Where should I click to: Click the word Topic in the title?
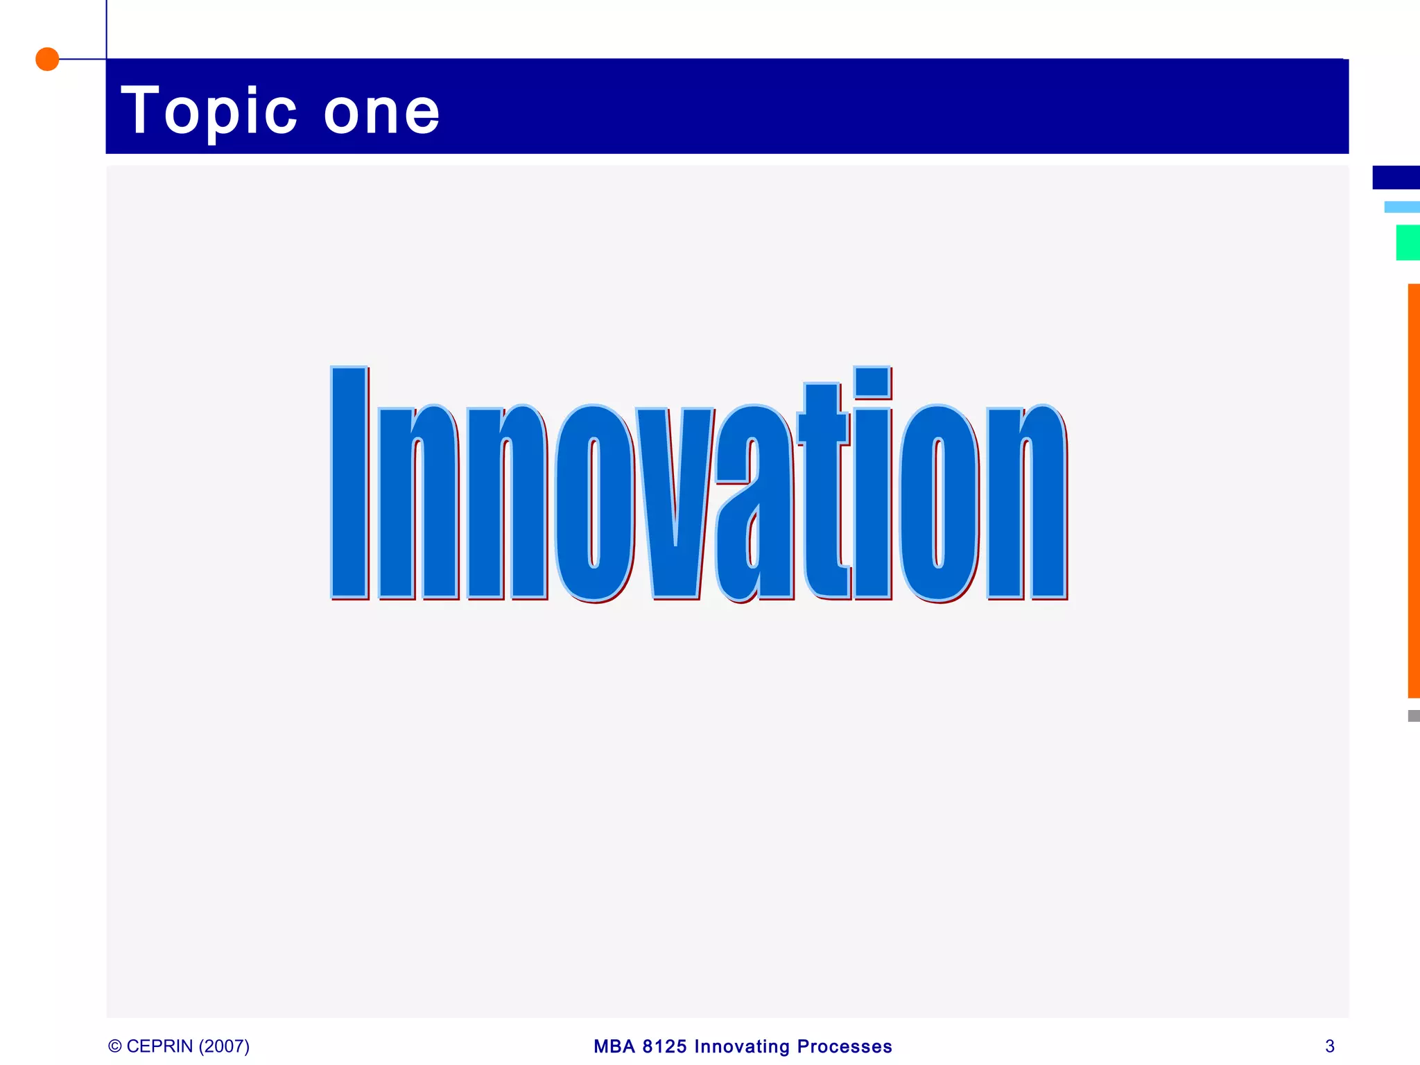tap(209, 111)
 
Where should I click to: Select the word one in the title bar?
tap(381, 112)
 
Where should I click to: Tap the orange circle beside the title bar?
tap(47, 59)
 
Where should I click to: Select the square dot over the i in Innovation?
tap(872, 382)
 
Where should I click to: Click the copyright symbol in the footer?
tap(115, 1046)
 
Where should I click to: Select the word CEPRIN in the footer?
tap(159, 1046)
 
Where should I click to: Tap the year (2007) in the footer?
tap(224, 1046)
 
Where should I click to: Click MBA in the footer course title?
tap(614, 1046)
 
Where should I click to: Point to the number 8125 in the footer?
tap(664, 1046)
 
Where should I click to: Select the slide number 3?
tap(1329, 1046)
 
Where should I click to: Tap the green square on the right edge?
tap(1408, 243)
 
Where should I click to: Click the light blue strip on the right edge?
tap(1401, 207)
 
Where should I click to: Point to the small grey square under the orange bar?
tap(1414, 716)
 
